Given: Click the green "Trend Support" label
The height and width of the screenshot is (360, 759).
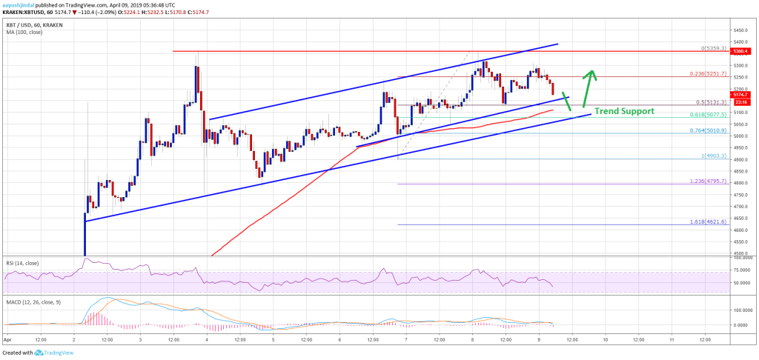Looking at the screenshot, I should (624, 111).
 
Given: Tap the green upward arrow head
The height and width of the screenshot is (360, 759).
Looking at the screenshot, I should (591, 73).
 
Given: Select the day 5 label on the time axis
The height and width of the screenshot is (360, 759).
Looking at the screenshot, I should (274, 340).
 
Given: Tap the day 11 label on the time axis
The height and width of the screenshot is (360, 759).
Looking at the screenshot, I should (672, 340).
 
